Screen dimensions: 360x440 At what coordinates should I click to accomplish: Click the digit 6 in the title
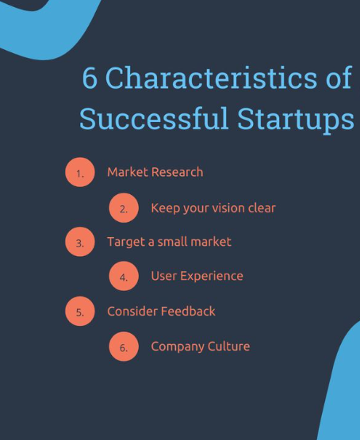click(90, 78)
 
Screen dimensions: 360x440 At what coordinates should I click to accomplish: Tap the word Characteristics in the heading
click(211, 77)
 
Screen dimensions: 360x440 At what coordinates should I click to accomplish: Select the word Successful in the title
click(154, 118)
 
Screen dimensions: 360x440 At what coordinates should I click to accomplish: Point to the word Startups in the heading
click(296, 120)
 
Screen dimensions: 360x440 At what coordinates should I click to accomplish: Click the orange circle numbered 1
click(80, 172)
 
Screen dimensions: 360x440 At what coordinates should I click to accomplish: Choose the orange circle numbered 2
click(124, 208)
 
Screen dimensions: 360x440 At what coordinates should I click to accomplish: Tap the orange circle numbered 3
click(80, 242)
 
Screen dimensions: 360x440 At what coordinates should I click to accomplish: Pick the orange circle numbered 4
click(124, 276)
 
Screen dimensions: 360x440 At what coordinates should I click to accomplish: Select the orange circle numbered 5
click(80, 312)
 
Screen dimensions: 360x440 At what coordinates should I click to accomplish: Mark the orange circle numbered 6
click(124, 346)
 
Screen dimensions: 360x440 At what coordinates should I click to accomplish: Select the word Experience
click(212, 277)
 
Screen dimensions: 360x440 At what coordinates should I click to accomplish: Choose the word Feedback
click(188, 312)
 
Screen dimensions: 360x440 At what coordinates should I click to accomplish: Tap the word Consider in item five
click(132, 312)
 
